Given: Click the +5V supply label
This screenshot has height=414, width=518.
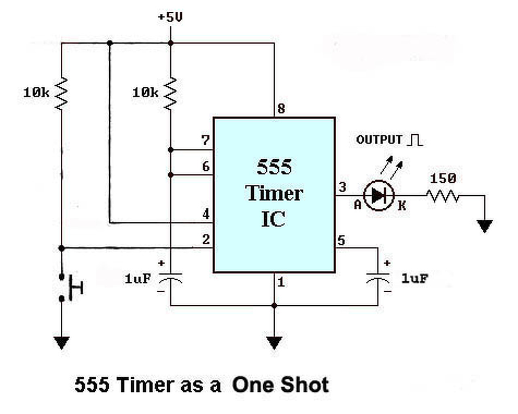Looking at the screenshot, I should pos(170,17).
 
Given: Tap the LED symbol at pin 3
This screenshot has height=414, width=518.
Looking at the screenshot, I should pos(379,196).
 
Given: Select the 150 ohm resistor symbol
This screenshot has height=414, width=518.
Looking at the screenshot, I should pos(443,196).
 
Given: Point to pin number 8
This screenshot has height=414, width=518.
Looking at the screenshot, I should pos(281,108).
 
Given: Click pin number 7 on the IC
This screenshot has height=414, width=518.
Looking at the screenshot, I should pos(206,140).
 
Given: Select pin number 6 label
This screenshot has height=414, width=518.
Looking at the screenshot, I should pos(206,166).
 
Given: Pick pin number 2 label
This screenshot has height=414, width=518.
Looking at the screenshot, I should pos(206,239).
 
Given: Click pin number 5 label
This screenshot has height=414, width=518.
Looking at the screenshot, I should pos(341,241).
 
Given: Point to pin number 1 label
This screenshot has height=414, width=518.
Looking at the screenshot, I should pos(281,282).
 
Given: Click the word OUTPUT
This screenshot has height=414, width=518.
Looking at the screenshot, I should pos(379,140).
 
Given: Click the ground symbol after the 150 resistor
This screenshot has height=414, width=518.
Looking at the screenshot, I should pos(484,226).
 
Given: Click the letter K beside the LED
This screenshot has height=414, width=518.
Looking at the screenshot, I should pos(401,206).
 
